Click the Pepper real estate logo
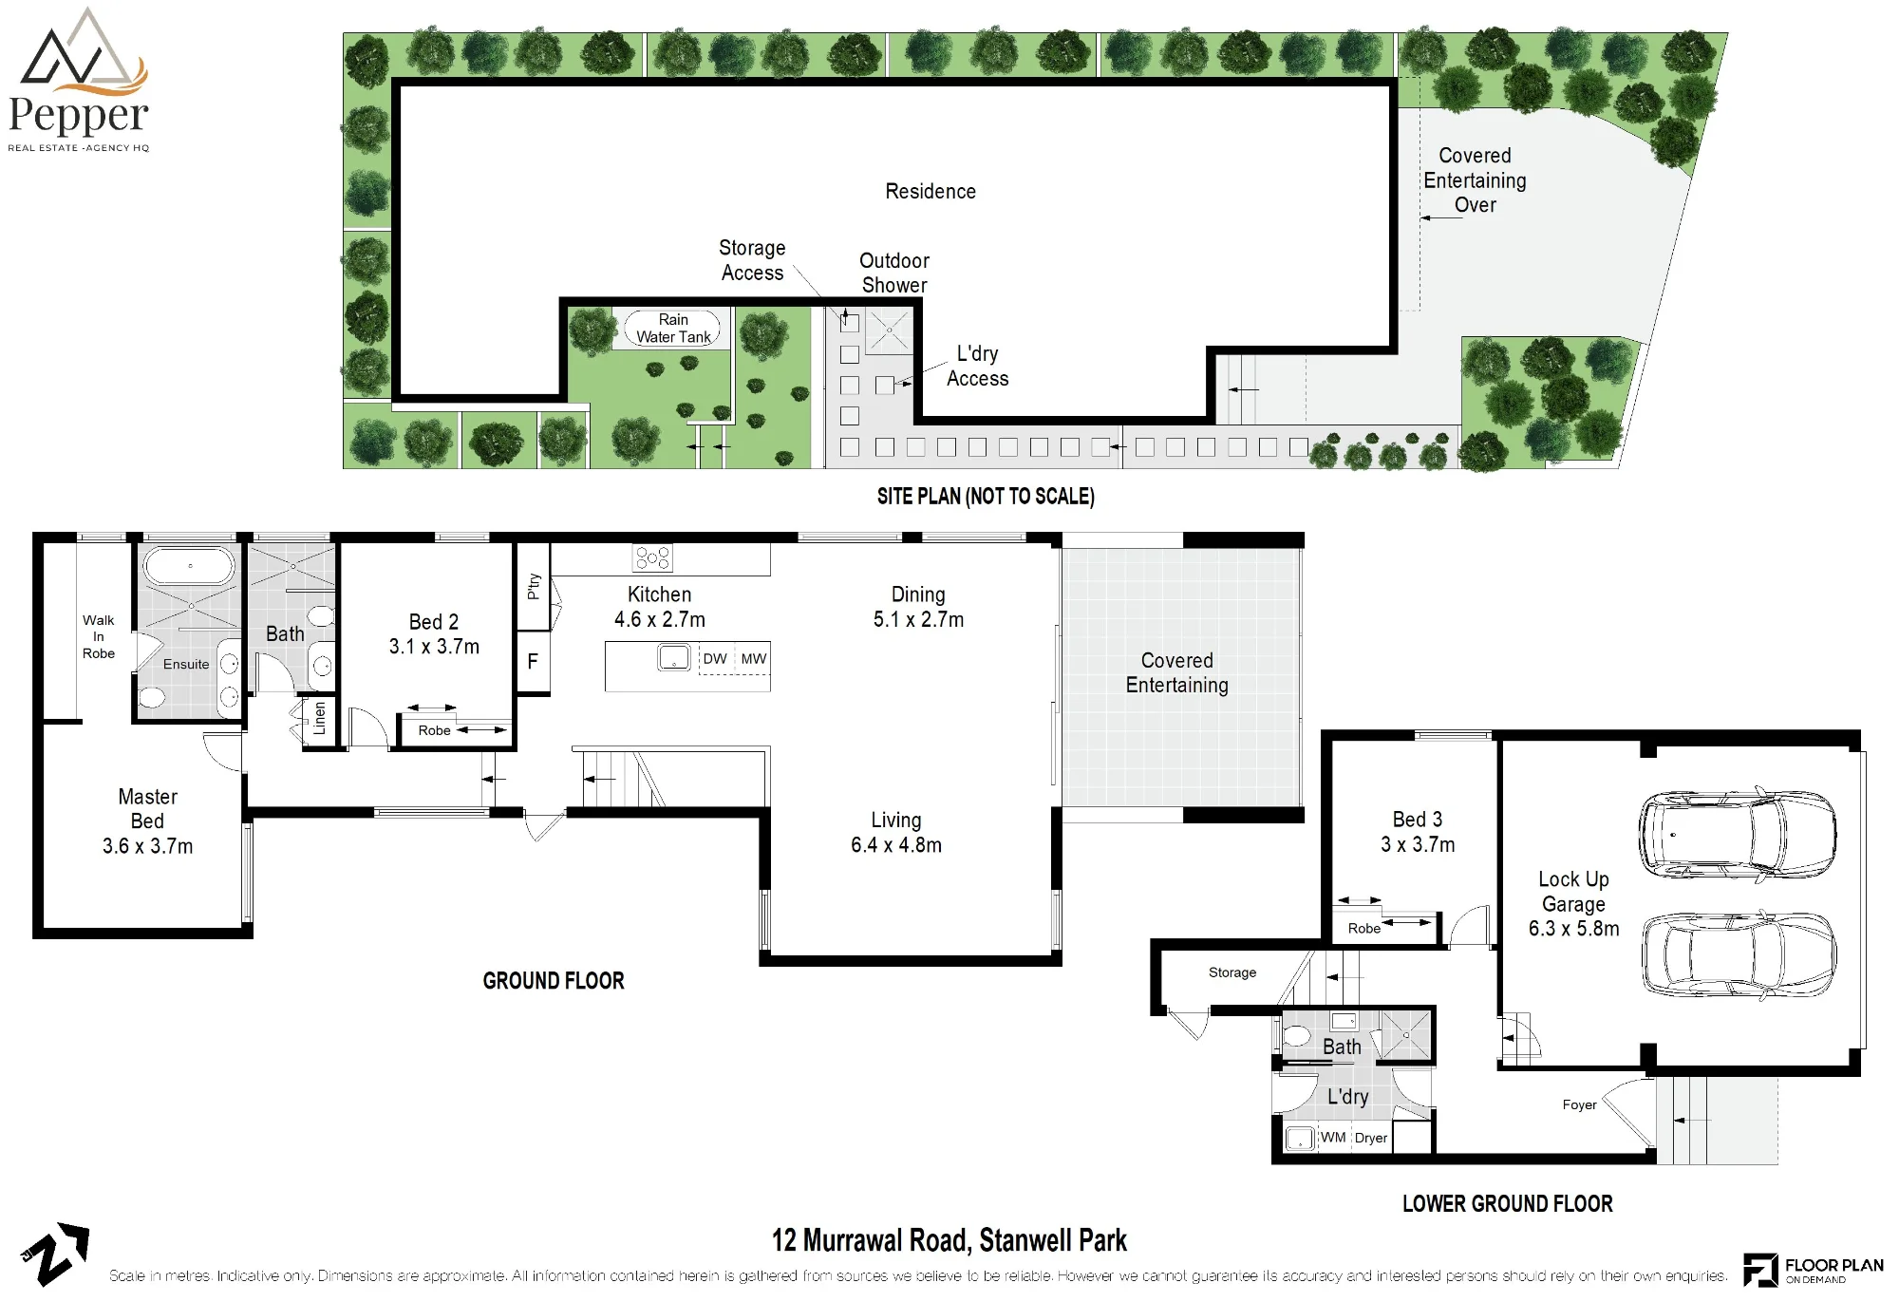[x=78, y=80]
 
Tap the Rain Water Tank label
[x=673, y=329]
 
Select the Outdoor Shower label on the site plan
[x=894, y=273]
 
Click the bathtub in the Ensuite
[x=189, y=566]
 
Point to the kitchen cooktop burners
[x=652, y=557]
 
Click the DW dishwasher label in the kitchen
[x=715, y=658]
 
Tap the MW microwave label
[x=754, y=658]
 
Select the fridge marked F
[x=533, y=661]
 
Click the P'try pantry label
[x=534, y=586]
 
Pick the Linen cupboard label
[x=320, y=718]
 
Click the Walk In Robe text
[x=98, y=636]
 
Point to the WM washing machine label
[x=1333, y=1137]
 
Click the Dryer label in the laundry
[x=1371, y=1138]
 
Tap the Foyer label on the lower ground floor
[x=1579, y=1104]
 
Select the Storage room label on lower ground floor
[x=1232, y=972]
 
